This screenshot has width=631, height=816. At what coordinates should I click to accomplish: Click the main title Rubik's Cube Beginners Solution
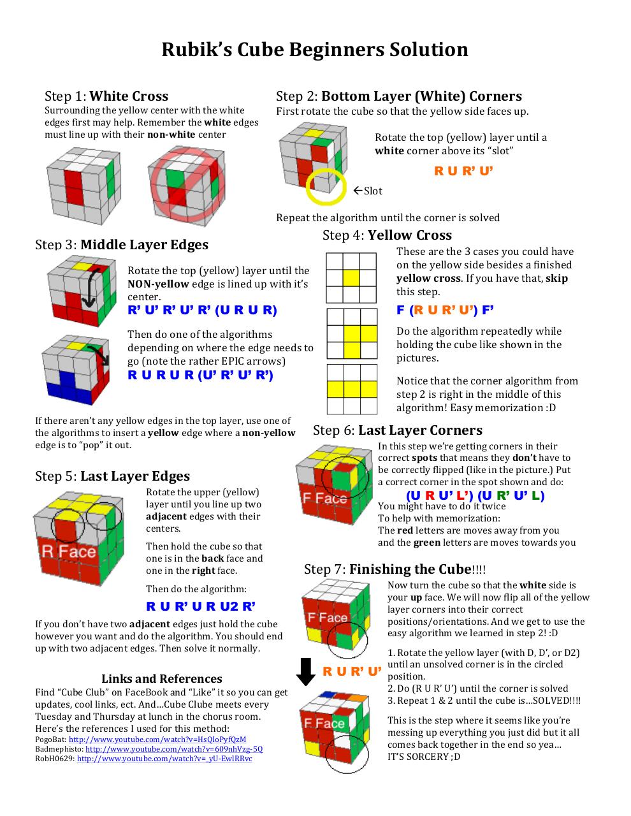point(315,50)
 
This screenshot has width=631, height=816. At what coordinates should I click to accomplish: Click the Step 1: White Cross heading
point(106,96)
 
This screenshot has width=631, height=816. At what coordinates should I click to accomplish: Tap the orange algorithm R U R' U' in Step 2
point(463,171)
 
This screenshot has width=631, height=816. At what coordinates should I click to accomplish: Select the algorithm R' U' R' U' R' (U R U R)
point(202,310)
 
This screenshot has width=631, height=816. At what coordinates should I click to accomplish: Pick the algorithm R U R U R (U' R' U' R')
point(201,375)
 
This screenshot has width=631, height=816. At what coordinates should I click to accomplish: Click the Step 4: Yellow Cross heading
point(387,235)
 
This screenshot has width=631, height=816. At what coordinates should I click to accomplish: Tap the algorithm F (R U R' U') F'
point(445,310)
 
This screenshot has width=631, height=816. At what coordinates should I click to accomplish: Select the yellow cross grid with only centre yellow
point(351,278)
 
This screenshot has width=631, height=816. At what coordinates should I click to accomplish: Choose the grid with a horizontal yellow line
point(352,389)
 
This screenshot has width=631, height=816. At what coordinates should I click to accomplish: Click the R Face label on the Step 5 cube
point(68,552)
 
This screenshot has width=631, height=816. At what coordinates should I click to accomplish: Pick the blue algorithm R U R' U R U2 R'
point(201,606)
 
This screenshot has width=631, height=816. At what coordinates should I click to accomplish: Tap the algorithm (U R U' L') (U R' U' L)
point(475,495)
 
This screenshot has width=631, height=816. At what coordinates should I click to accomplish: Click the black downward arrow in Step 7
point(307,671)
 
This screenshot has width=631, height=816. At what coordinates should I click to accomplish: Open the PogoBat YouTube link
point(157,739)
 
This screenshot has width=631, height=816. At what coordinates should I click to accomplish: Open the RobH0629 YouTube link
point(164,759)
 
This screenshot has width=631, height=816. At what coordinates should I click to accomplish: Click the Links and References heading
point(162,679)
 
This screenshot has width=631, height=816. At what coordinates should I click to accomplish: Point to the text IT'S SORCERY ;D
point(424,757)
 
